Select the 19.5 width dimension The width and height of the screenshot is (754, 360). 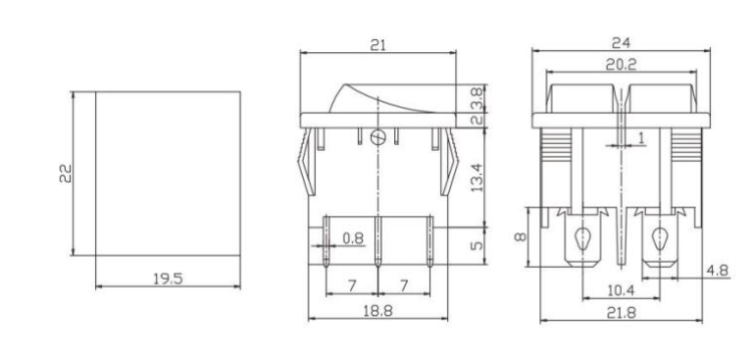[169, 279]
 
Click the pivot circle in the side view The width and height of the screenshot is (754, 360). [379, 138]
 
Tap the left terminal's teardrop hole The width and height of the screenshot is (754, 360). [582, 237]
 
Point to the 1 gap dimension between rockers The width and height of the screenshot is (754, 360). [640, 139]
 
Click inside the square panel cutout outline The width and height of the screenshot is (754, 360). [168, 173]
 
